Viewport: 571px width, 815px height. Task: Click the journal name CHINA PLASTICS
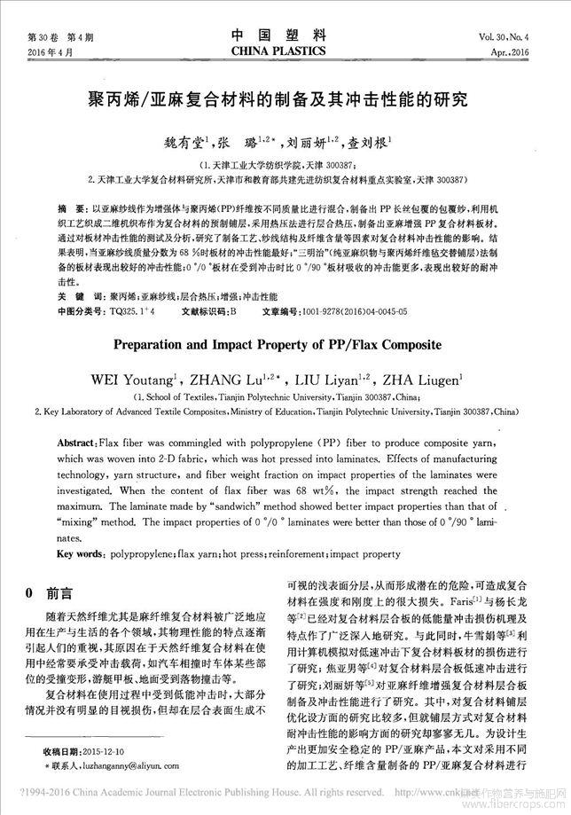pos(285,53)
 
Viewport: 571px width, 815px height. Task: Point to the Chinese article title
pos(285,97)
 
